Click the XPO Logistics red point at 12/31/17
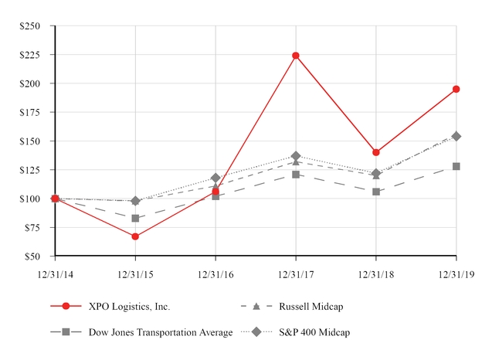pos(296,56)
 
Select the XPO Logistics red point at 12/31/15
pos(135,236)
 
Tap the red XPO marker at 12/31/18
pos(376,152)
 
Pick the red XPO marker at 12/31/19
pos(457,89)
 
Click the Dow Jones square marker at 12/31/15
pos(135,218)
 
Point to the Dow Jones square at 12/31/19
pos(457,166)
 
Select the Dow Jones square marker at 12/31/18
pos(376,192)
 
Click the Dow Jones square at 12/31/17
pos(296,175)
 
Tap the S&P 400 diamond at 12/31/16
pos(216,178)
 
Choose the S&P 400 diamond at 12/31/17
pos(296,156)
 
